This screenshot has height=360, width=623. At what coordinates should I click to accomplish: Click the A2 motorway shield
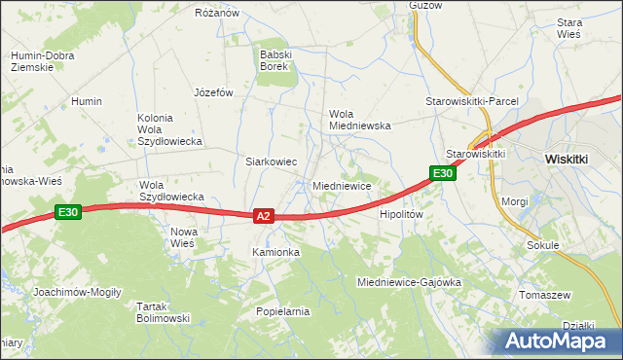pos(263,216)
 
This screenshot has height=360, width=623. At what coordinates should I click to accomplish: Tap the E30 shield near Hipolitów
pos(443,173)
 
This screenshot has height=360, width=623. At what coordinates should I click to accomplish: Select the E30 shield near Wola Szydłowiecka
pos(67,212)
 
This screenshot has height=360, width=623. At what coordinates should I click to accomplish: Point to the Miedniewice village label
pos(341,185)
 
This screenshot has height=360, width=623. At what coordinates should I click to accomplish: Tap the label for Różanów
pos(217,13)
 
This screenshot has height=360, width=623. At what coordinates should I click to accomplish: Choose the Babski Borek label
pos(276,61)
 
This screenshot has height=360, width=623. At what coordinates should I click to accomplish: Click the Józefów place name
pos(214,93)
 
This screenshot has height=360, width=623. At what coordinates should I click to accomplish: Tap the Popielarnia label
pos(282,311)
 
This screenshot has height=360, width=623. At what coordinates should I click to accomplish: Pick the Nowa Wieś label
pos(183,237)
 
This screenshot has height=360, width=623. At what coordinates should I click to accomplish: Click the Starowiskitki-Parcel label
pos(472,101)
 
